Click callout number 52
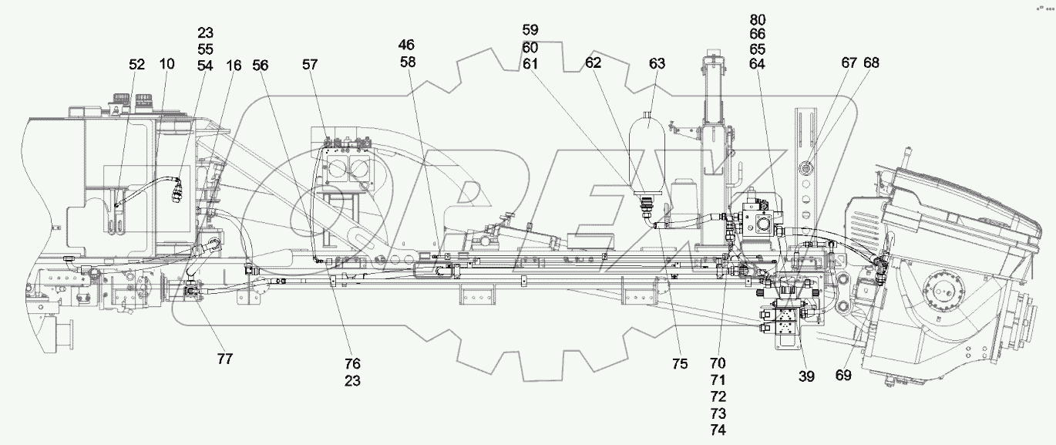(136, 66)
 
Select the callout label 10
(166, 66)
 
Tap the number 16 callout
(234, 66)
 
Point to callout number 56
(261, 66)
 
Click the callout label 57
(309, 66)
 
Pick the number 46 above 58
(406, 45)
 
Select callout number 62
(593, 64)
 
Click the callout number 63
(656, 64)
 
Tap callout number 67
(849, 62)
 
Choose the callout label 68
(870, 62)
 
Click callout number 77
(225, 359)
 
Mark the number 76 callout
(352, 363)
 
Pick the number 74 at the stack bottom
(718, 431)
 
